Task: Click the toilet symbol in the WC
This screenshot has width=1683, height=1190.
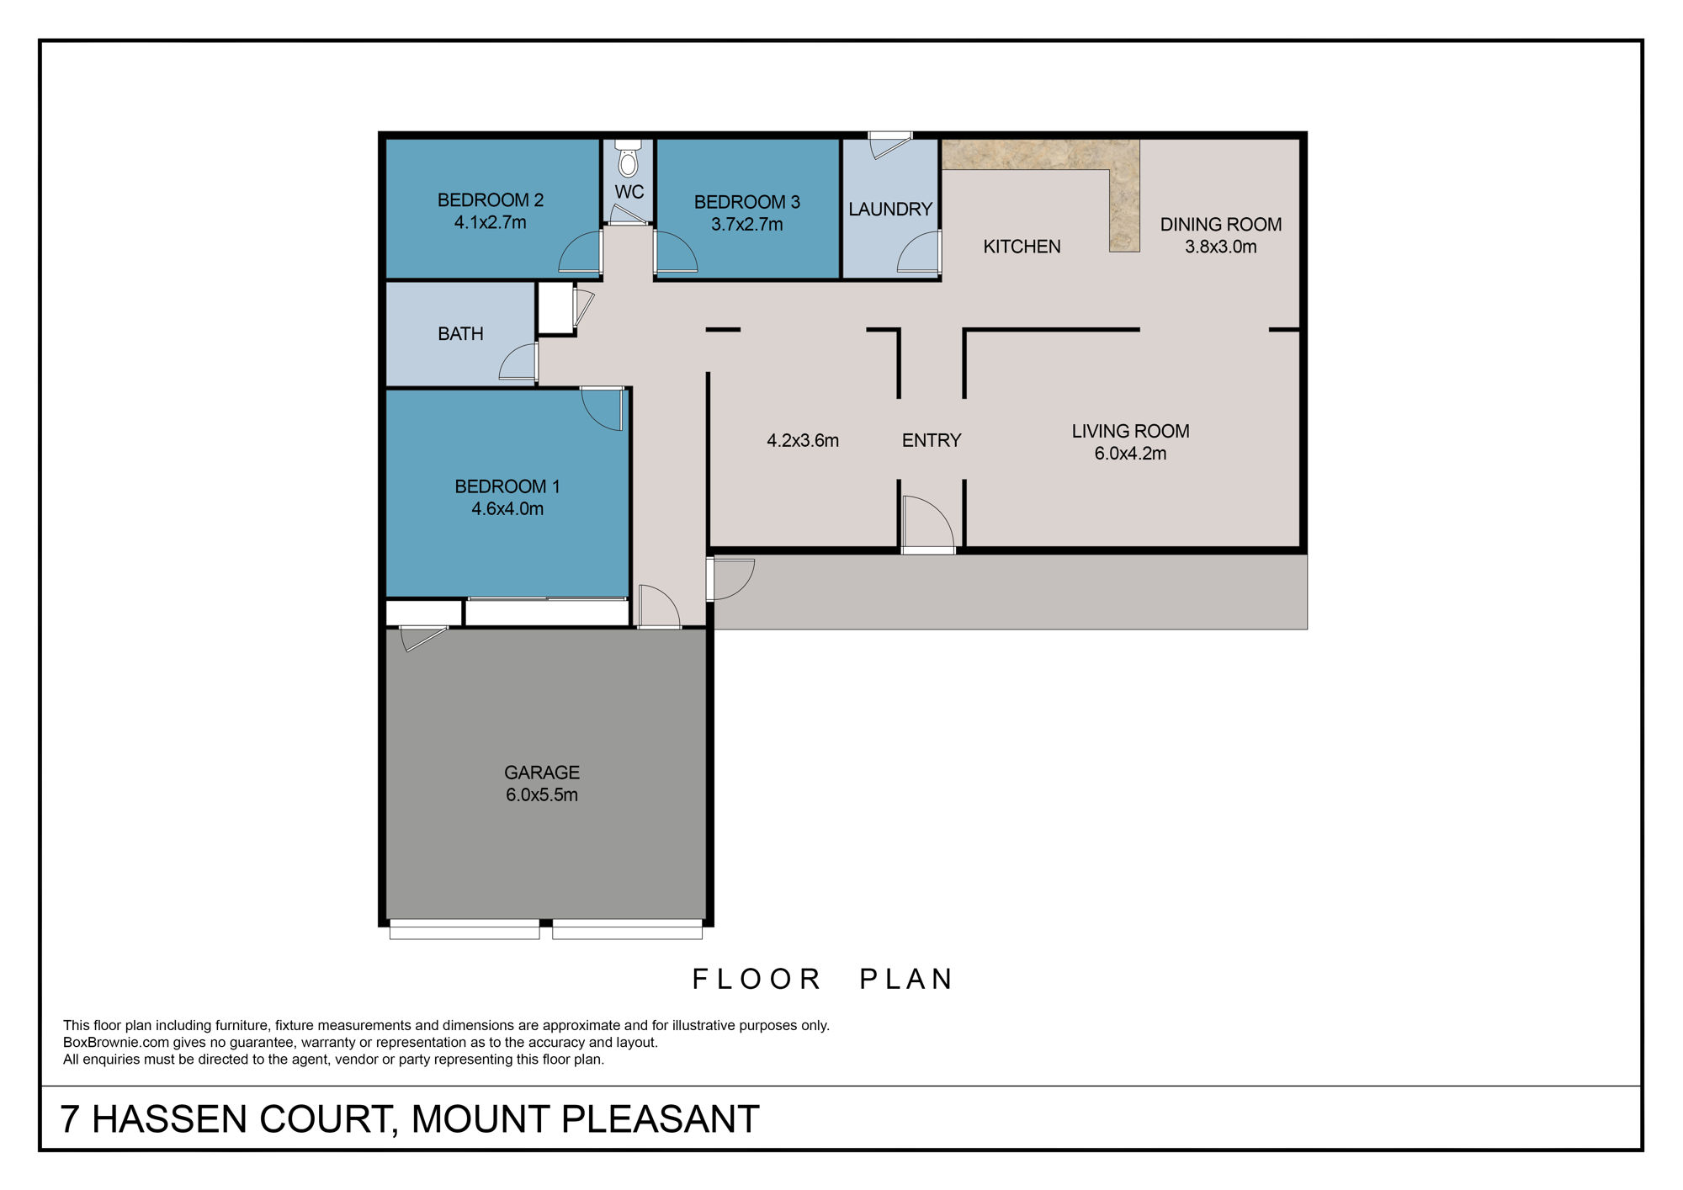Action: (628, 160)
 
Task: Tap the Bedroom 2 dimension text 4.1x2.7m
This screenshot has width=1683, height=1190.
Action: (490, 223)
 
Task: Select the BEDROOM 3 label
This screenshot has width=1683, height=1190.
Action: (746, 202)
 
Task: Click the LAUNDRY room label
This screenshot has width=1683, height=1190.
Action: (889, 209)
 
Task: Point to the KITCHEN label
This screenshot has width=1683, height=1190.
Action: (1022, 247)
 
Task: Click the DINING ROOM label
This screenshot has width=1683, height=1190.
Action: (1220, 225)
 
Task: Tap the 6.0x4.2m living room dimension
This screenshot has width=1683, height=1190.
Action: (1129, 454)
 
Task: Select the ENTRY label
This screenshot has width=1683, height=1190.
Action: (931, 440)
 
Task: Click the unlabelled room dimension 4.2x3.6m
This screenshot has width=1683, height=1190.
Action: (802, 440)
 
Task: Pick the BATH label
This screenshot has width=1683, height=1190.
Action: (460, 334)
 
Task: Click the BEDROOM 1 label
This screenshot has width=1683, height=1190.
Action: (507, 486)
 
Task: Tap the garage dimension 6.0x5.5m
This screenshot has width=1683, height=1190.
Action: (541, 795)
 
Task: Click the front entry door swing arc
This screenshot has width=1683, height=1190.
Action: (928, 523)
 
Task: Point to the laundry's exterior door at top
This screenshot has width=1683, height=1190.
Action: (889, 145)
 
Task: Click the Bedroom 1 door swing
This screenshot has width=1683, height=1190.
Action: (603, 409)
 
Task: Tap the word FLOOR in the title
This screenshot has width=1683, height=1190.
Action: (756, 979)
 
